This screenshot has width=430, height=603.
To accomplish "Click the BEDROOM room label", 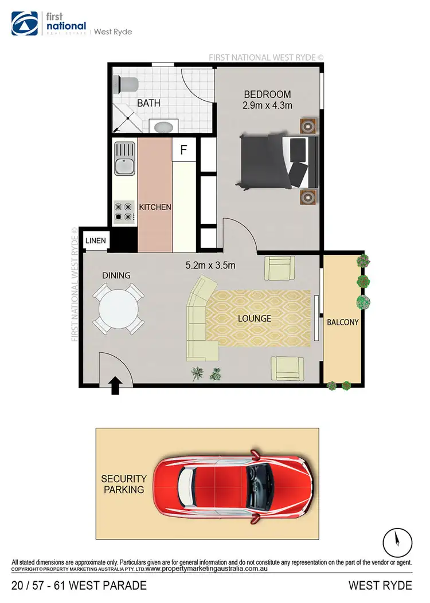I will (x=267, y=94).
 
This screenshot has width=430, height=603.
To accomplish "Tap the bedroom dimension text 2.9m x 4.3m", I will (x=267, y=105).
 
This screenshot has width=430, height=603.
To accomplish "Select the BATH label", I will (x=148, y=104).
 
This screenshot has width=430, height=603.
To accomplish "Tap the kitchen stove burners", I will (x=124, y=211).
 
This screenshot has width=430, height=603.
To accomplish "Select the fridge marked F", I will (x=183, y=151).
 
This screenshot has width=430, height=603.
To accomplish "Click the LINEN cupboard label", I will (x=96, y=241).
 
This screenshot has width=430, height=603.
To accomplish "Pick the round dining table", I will (x=118, y=310).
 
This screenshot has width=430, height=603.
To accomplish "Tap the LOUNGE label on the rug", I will (x=255, y=318).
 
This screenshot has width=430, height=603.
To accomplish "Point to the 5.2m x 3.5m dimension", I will (x=211, y=266).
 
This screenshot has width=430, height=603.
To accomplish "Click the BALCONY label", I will (x=342, y=322).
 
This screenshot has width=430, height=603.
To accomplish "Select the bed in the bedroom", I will (x=278, y=161).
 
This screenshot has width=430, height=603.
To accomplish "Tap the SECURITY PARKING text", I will (x=124, y=484).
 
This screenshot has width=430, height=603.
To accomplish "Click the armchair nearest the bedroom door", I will (x=279, y=267).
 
